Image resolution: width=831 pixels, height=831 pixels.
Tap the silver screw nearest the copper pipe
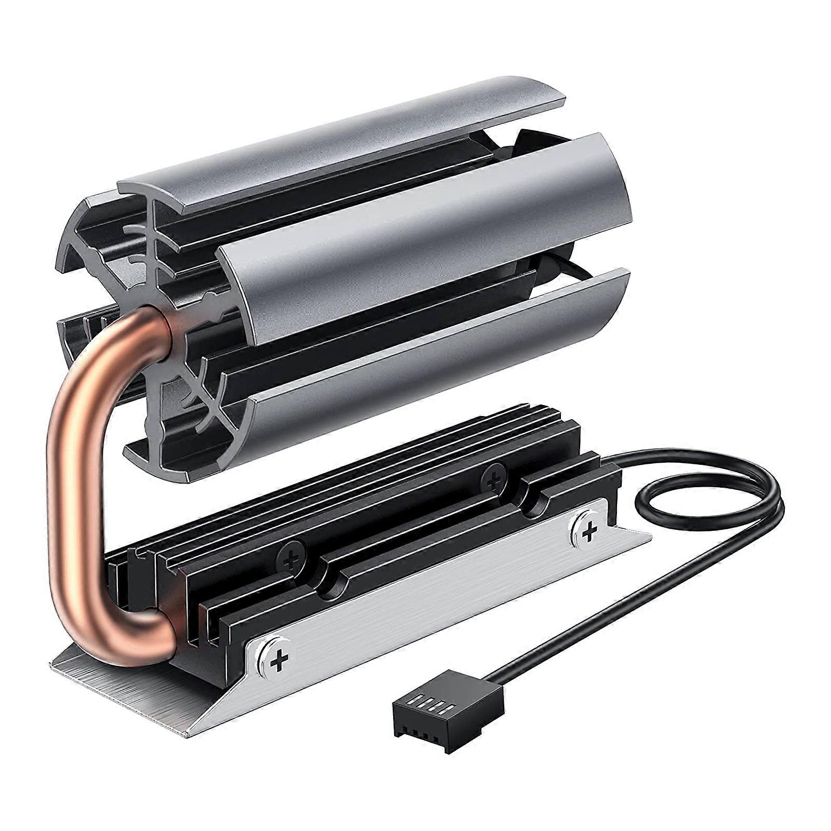point(280,660)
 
